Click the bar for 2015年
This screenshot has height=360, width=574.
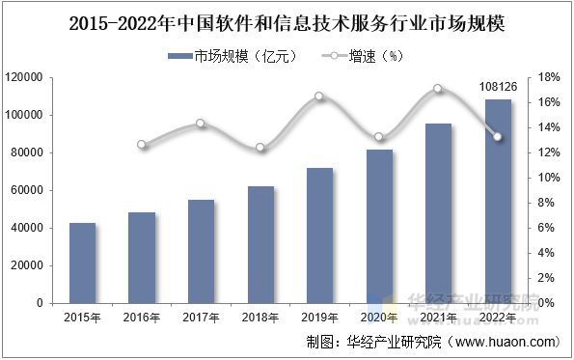click(83, 263)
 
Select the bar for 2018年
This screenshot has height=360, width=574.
click(260, 244)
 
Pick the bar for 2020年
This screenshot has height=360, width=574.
click(379, 226)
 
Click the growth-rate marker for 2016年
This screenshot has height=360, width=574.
click(142, 145)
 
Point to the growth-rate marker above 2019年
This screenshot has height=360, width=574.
click(319, 97)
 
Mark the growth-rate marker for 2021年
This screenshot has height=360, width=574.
click(438, 89)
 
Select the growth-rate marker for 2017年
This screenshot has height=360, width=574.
click(201, 124)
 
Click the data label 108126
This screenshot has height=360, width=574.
click(498, 87)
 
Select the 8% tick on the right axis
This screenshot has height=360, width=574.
click(546, 203)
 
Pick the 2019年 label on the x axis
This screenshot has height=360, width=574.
click(319, 317)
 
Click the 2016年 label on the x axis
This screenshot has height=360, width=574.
click(142, 317)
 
